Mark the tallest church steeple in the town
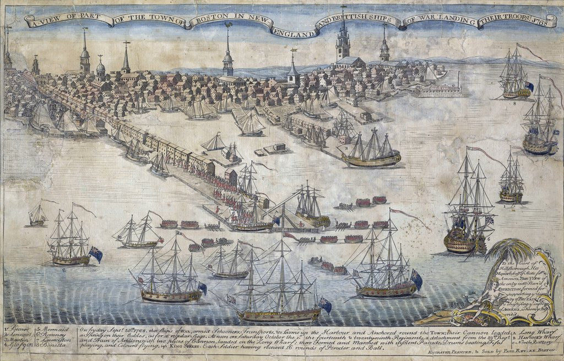[343, 33]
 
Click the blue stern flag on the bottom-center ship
[325, 304]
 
